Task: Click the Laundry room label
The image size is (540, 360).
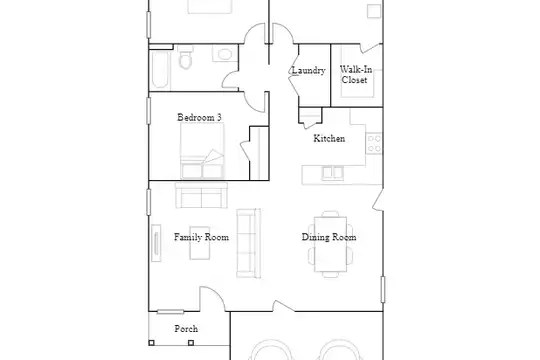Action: click(x=309, y=70)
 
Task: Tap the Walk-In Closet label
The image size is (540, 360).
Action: click(x=355, y=74)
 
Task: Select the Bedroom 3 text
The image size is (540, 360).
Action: click(x=199, y=117)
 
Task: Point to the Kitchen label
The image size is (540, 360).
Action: click(x=329, y=138)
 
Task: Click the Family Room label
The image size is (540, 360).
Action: click(x=201, y=237)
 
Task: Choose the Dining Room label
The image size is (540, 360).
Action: click(x=329, y=237)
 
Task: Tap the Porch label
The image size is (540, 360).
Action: click(x=186, y=329)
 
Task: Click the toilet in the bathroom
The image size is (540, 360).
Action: click(x=186, y=58)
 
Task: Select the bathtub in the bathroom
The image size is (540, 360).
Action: click(x=160, y=70)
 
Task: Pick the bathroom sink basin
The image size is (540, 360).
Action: click(x=225, y=54)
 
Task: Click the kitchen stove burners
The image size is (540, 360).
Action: click(x=374, y=143)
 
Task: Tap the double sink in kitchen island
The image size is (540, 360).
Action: click(x=333, y=173)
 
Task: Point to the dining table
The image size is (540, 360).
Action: click(x=331, y=244)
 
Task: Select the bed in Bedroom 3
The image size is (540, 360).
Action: click(x=202, y=151)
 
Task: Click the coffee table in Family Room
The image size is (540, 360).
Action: click(x=200, y=243)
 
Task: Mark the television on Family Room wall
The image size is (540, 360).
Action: click(x=156, y=243)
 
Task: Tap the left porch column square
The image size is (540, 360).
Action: click(x=151, y=343)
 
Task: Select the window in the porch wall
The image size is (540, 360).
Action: click(x=170, y=312)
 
